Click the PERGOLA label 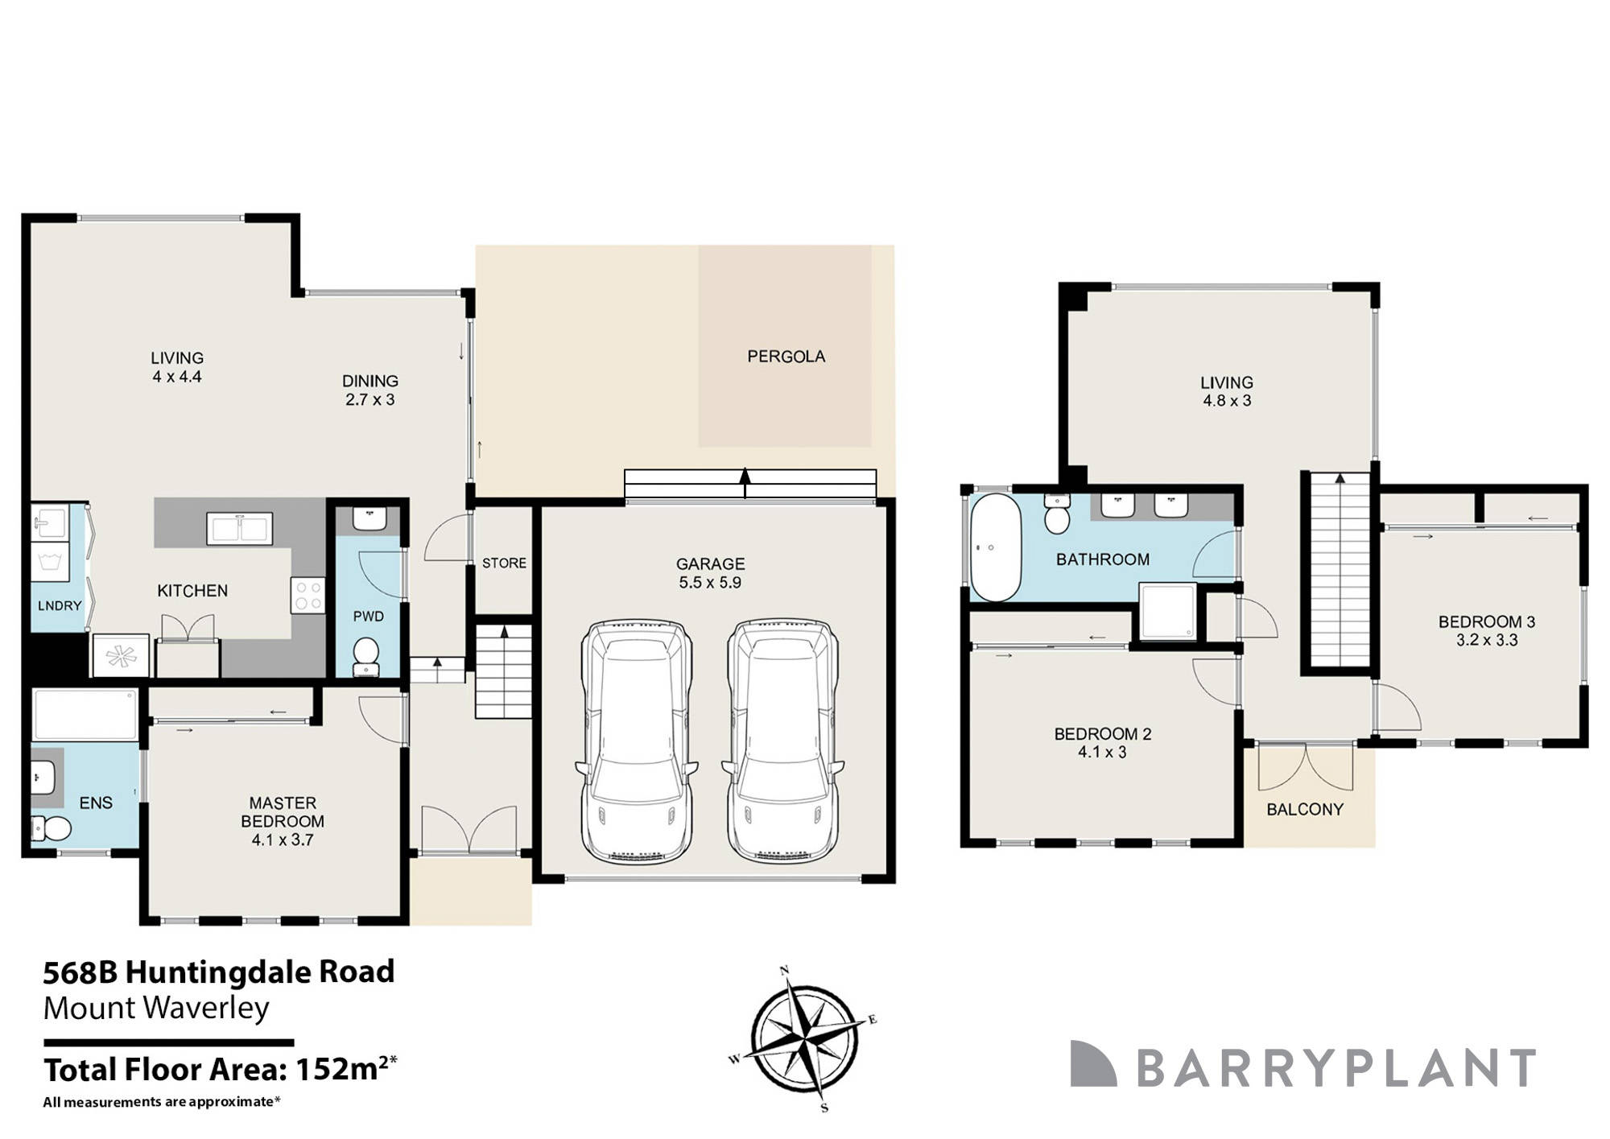786,356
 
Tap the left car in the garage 637,741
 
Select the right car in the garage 783,741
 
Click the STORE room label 504,563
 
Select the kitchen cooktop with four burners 308,596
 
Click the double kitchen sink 239,529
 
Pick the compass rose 804,1039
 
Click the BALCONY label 1305,809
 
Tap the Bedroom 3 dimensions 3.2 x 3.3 1486,641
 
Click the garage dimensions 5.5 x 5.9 709,583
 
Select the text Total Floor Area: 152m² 220,1070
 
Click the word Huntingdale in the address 217,972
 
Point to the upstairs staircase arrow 1340,480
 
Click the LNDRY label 60,605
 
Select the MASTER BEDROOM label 283,811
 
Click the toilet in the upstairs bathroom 1056,515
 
